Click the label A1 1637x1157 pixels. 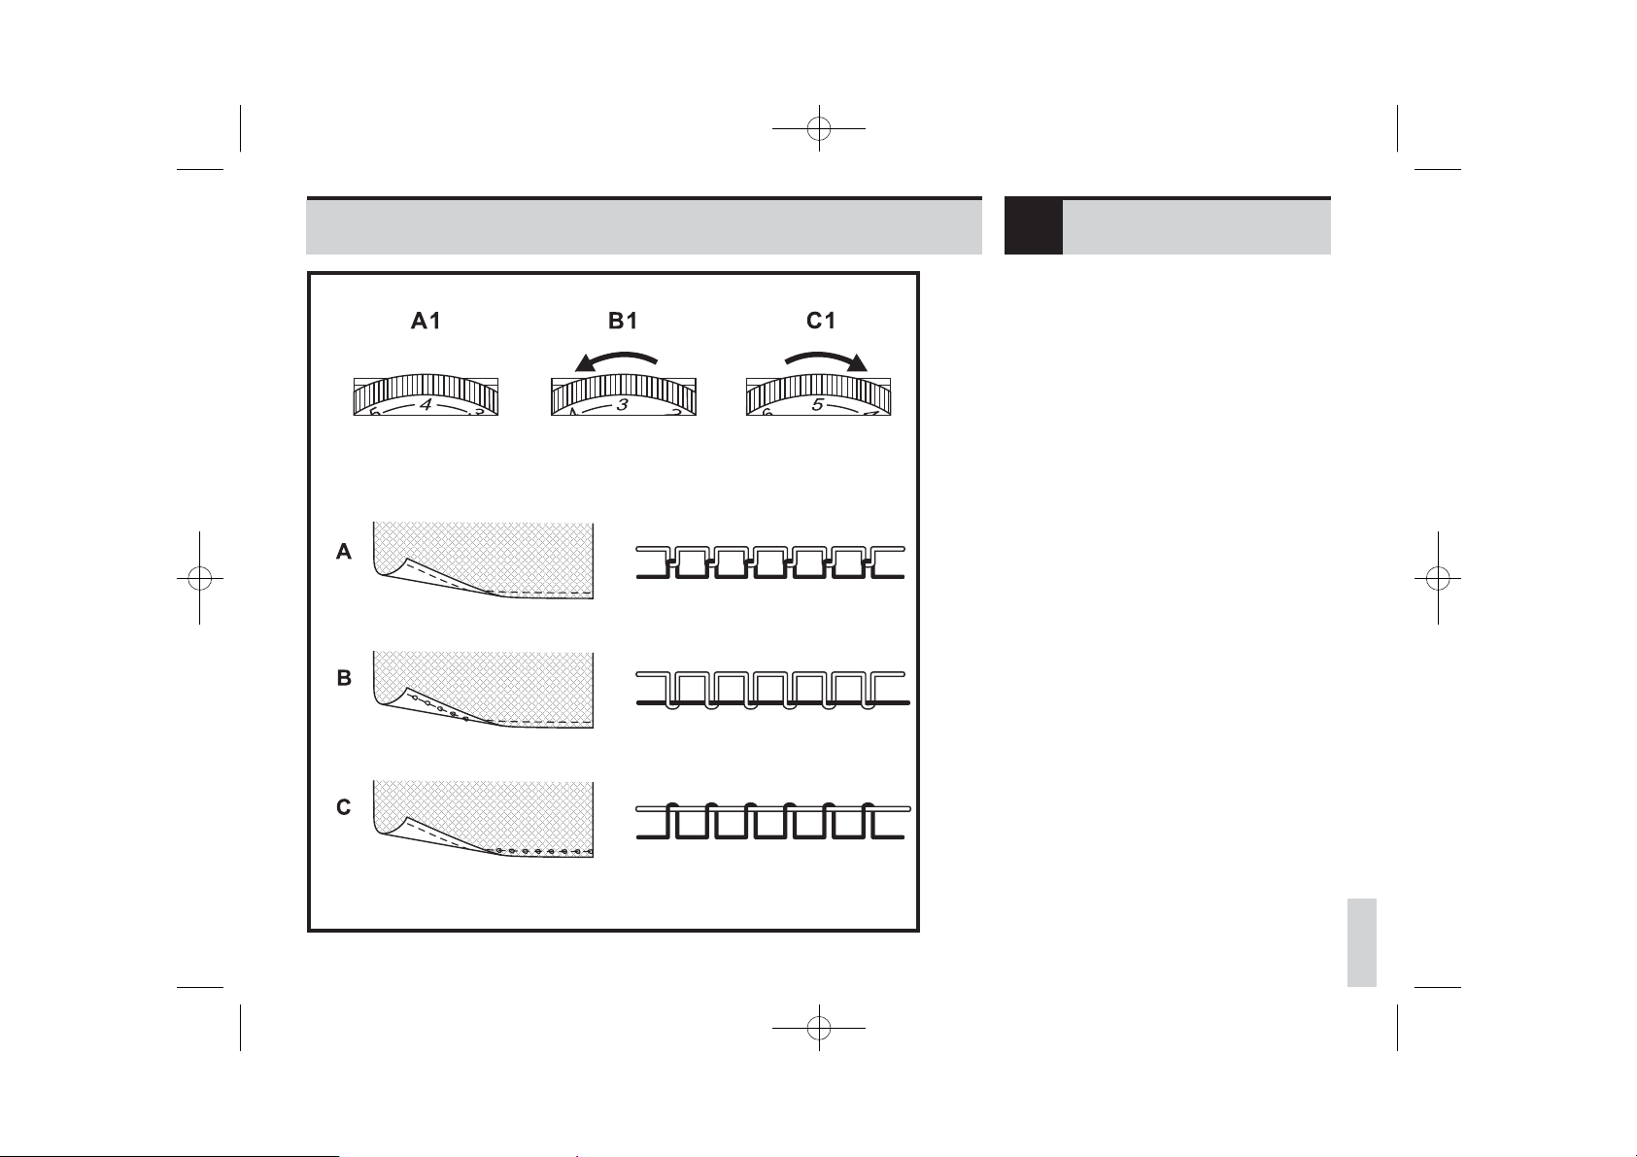click(x=426, y=321)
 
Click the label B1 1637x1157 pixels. click(x=624, y=321)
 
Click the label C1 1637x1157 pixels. click(x=821, y=321)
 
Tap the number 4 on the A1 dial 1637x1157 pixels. click(x=426, y=405)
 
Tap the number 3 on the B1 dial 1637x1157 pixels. click(x=623, y=405)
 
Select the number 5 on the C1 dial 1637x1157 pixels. click(x=818, y=405)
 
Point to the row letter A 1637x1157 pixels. click(x=344, y=552)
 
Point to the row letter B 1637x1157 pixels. click(x=344, y=678)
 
